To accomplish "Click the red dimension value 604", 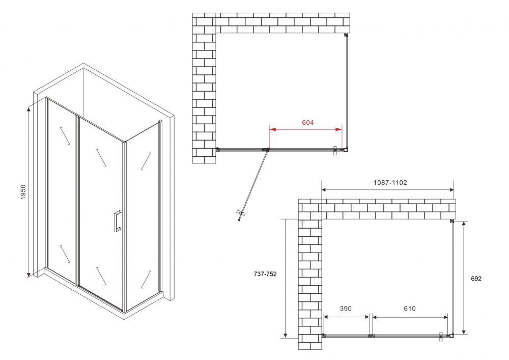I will [x=308, y=123].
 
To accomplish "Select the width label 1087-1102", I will [x=388, y=183].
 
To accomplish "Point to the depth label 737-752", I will [x=265, y=274].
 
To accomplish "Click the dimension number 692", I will [x=475, y=279].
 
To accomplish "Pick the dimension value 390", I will [x=346, y=309].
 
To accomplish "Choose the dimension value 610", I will [x=410, y=309].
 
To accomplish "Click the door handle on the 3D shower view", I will [x=117, y=221].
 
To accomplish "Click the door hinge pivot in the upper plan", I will [x=266, y=150].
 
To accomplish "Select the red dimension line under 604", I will [x=305, y=130].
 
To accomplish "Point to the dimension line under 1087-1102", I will [x=388, y=190].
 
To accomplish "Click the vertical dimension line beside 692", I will [x=464, y=278].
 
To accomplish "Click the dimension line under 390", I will [x=346, y=317].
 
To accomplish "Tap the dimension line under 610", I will [x=410, y=317].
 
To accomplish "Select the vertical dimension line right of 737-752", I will [x=286, y=278].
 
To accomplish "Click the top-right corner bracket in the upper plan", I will [x=346, y=35].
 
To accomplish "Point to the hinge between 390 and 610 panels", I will [x=371, y=336].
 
